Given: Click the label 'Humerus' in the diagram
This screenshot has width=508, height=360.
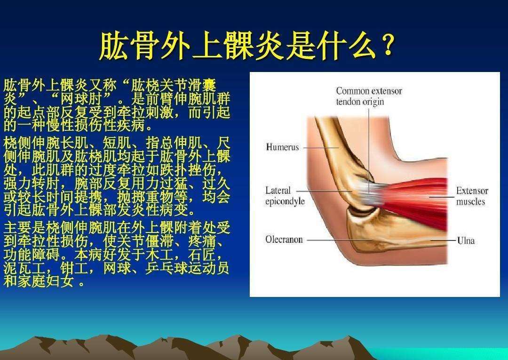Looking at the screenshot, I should [282, 147].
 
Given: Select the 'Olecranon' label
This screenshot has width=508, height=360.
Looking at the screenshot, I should [284, 240].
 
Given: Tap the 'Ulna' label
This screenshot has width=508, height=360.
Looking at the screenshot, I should [466, 240].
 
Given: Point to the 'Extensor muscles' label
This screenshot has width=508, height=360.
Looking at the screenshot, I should [472, 196].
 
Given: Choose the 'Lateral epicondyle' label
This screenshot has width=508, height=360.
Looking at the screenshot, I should [285, 196].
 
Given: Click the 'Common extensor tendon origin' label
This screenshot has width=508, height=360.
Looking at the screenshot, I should [369, 96].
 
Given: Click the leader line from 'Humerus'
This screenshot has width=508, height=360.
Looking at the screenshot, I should [320, 147].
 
